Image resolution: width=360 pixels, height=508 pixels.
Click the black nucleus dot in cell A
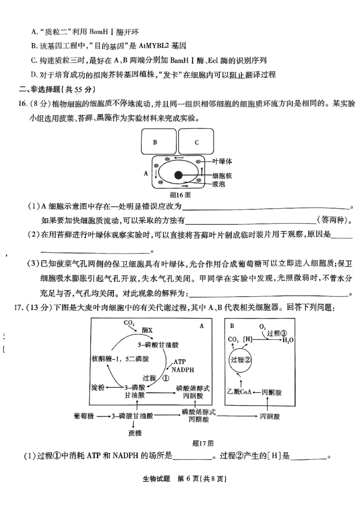tap(179, 175)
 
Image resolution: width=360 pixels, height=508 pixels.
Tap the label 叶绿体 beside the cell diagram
tap(222, 160)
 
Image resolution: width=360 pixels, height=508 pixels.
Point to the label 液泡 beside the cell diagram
tap(219, 185)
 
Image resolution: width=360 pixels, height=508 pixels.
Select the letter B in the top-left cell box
tap(155, 142)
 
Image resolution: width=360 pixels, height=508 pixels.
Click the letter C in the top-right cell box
tap(197, 142)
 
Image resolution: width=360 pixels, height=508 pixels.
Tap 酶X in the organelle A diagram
tap(147, 330)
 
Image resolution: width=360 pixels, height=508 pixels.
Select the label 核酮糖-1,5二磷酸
tap(120, 359)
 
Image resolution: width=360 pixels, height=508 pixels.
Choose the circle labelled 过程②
tap(240, 360)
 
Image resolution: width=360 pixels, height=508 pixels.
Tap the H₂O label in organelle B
tap(288, 340)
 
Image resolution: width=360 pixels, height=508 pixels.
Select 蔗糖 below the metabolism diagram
tap(135, 433)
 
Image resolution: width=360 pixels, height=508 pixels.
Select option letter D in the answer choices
tap(34, 74)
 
